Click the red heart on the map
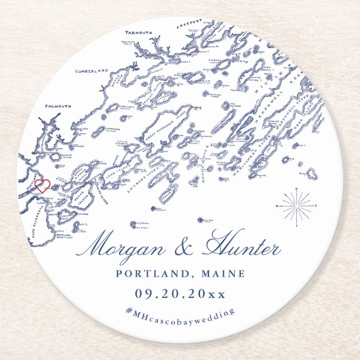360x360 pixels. [x=42, y=185]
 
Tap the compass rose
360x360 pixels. [x=296, y=206]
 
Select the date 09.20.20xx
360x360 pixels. [x=179, y=293]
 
